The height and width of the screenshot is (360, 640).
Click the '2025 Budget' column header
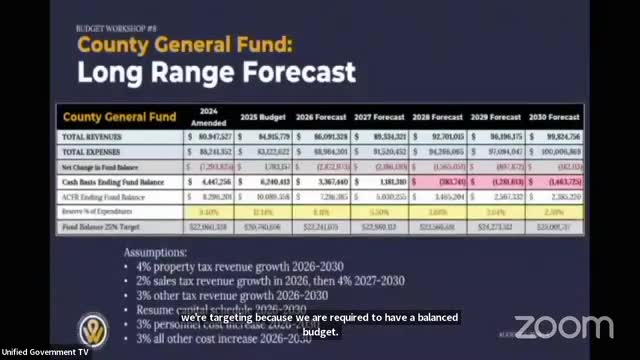(x=262, y=116)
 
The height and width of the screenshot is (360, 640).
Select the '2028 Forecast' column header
(x=436, y=116)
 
